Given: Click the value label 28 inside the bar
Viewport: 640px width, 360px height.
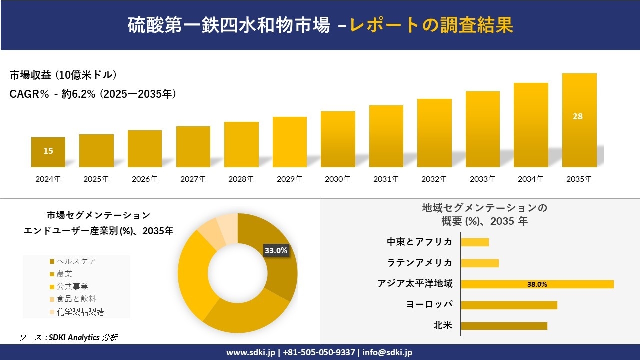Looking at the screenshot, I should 578,116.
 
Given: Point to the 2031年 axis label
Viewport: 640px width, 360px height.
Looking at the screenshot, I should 386,179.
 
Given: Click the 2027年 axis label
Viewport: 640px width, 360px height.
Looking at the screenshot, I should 193,179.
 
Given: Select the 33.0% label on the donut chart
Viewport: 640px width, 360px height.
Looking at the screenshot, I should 276,251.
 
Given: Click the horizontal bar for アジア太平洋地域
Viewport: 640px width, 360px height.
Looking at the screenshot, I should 537,284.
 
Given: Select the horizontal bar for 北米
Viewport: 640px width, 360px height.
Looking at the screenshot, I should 504,326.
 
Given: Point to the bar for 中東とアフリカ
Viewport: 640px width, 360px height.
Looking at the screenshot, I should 475,242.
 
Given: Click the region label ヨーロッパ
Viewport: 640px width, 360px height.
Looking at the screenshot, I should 429,305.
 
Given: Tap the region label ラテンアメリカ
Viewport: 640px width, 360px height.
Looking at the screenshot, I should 420,263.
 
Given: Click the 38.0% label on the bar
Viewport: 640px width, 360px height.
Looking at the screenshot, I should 537,284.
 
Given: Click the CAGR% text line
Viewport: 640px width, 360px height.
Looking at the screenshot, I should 93,94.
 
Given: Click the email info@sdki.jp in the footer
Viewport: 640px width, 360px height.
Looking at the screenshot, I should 387,352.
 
